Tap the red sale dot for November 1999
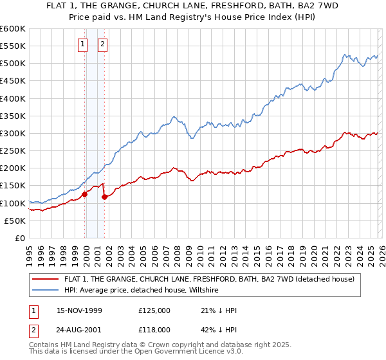[84, 194]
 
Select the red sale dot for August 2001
[104, 197]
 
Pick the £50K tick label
[15, 221]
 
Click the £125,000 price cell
[154, 310]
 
